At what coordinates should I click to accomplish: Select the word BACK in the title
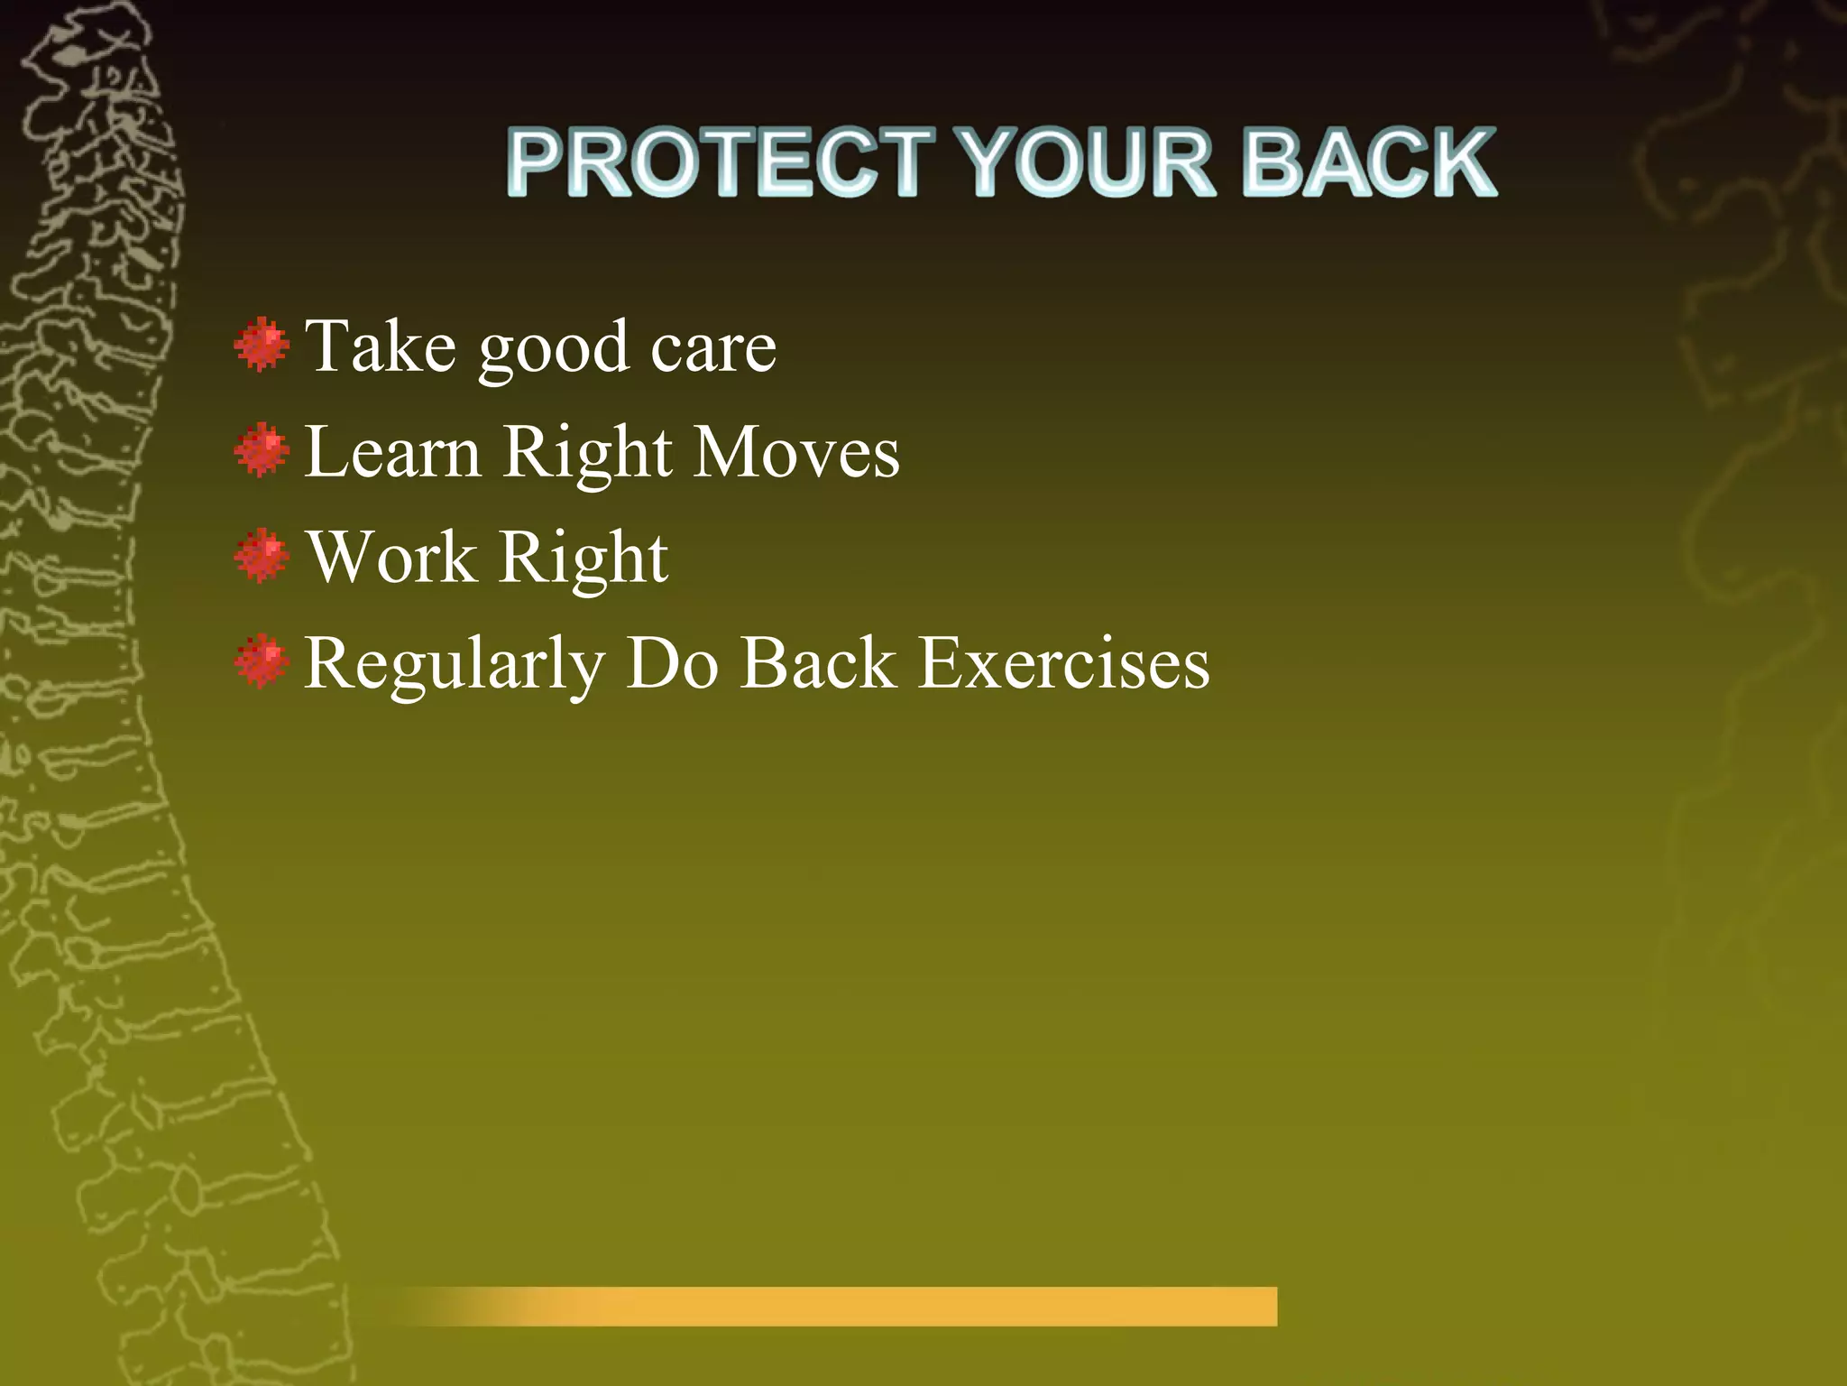pyautogui.click(x=1369, y=162)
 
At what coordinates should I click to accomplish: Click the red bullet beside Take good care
pyautogui.click(x=262, y=345)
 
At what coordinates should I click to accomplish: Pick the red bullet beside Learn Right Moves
pyautogui.click(x=262, y=450)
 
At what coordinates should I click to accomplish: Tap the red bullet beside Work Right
pyautogui.click(x=262, y=556)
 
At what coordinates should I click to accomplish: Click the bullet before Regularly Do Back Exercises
pyautogui.click(x=262, y=661)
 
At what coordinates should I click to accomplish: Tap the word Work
pyautogui.click(x=391, y=557)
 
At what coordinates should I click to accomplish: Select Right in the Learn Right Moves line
pyautogui.click(x=587, y=454)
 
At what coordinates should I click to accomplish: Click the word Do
pyautogui.click(x=672, y=663)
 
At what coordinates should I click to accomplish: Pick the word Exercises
pyautogui.click(x=1063, y=663)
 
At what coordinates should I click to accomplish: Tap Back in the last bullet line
pyautogui.click(x=818, y=663)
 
